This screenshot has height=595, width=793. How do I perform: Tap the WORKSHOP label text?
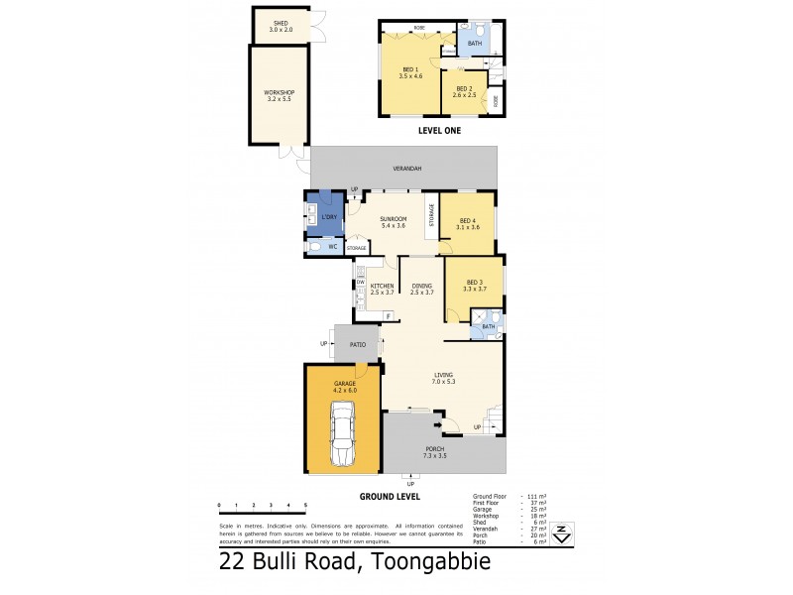(x=281, y=93)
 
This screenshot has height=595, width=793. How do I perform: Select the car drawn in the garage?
(x=342, y=433)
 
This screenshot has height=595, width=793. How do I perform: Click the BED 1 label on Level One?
(x=410, y=69)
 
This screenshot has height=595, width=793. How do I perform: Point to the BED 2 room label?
(x=464, y=90)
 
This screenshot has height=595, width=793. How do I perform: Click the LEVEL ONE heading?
(x=439, y=130)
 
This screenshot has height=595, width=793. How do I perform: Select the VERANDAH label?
(x=406, y=169)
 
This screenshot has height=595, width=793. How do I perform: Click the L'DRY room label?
(x=329, y=216)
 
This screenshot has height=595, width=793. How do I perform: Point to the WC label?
(x=333, y=246)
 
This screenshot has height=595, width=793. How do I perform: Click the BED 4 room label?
(x=468, y=223)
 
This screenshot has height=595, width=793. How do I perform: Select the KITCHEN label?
(x=383, y=288)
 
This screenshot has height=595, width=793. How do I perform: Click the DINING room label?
(x=422, y=288)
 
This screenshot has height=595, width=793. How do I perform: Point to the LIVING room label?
(x=442, y=375)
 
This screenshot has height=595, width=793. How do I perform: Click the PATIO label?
(x=358, y=344)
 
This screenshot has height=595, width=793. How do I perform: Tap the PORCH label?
(x=442, y=454)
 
